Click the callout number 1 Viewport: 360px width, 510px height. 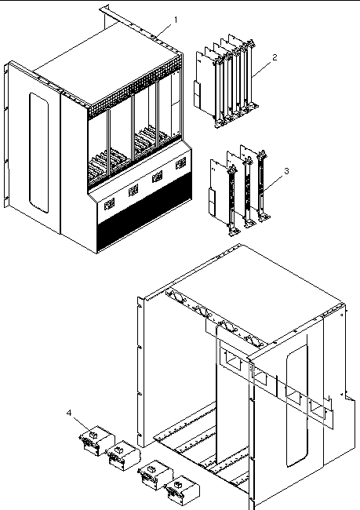coord(176,20)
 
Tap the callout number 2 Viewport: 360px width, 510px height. coord(275,57)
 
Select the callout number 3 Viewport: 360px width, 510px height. coord(286,171)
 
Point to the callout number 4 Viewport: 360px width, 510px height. coord(69,413)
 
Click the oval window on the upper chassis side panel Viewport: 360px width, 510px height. coord(39,153)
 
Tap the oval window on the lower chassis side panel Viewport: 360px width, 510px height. coord(297,406)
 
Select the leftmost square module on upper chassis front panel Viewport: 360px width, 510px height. coord(109,204)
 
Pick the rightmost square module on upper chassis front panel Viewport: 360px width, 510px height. coord(181,163)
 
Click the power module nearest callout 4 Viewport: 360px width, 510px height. coord(96,440)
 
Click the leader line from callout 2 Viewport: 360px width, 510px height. coord(262,68)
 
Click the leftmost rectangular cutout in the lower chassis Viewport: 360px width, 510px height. coord(231,359)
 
